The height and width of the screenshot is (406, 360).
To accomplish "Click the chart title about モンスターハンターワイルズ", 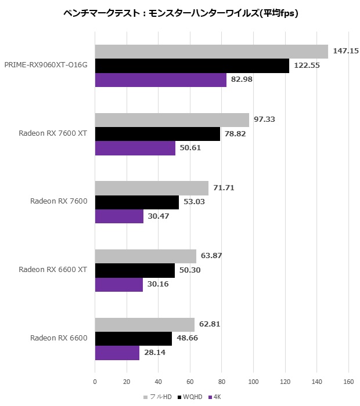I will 181,13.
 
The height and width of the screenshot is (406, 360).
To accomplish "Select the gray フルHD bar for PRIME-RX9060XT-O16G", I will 211,52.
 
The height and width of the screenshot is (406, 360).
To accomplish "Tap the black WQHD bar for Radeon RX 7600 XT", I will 157,135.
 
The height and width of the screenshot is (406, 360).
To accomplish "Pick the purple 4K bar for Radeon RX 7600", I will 119,216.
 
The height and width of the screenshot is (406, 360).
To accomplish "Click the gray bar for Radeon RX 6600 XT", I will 146,256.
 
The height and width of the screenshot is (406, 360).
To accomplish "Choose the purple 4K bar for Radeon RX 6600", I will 117,353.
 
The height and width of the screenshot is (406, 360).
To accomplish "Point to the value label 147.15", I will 345,51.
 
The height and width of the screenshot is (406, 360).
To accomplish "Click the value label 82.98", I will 242,79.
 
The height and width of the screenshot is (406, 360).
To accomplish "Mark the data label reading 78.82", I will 235,134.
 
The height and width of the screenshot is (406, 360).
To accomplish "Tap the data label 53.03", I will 193,202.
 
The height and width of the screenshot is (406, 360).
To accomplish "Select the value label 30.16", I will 157,284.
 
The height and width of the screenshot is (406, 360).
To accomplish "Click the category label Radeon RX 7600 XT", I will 53,133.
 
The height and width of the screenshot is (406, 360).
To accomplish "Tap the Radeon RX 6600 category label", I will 59,338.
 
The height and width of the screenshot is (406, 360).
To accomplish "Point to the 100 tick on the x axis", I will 253,382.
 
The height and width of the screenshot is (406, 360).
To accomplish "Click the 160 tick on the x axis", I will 348,382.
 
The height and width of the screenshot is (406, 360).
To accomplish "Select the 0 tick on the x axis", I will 95,382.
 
